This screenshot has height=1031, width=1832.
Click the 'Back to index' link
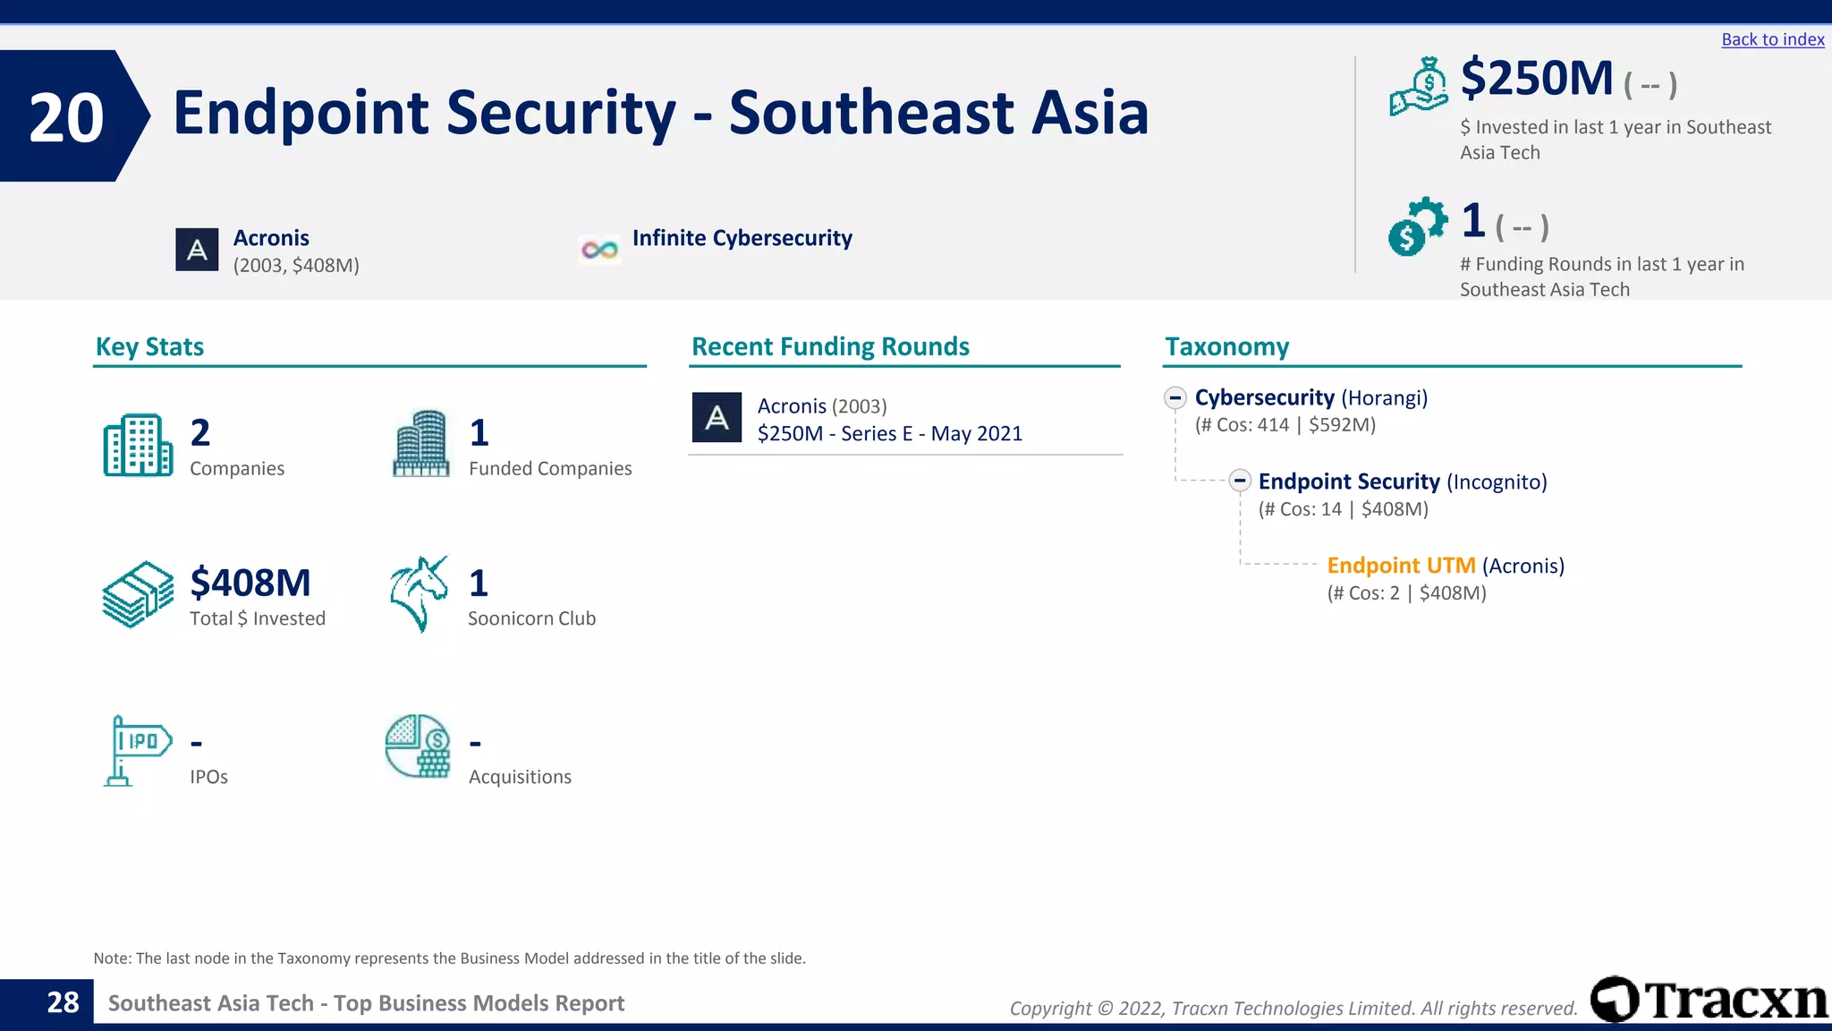[x=1772, y=39]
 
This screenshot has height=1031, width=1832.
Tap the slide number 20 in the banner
[x=66, y=117]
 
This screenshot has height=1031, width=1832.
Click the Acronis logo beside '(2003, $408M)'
[x=197, y=250]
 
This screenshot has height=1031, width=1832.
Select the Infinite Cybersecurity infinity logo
[x=599, y=250]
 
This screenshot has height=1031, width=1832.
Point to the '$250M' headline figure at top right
[x=1536, y=79]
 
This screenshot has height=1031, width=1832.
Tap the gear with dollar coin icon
[x=1417, y=226]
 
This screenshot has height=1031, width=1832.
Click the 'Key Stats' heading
[x=149, y=346]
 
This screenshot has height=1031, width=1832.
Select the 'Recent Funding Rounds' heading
[x=830, y=346]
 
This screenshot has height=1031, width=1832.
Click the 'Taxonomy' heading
[x=1226, y=346]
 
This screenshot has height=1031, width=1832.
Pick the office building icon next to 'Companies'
[x=138, y=445]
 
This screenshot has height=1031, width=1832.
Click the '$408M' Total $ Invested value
[x=250, y=583]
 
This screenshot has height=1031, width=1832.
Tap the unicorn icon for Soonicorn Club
[x=419, y=593]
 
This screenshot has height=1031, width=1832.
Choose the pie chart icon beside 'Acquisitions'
[x=418, y=746]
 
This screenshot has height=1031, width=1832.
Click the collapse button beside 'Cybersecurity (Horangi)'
[x=1175, y=397]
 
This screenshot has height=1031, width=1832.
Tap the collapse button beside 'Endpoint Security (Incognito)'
[x=1239, y=481]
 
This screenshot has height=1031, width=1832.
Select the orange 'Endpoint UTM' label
[x=1401, y=566]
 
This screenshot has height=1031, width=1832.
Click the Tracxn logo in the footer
[x=1709, y=1000]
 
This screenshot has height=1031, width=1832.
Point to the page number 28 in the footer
[x=63, y=1002]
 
